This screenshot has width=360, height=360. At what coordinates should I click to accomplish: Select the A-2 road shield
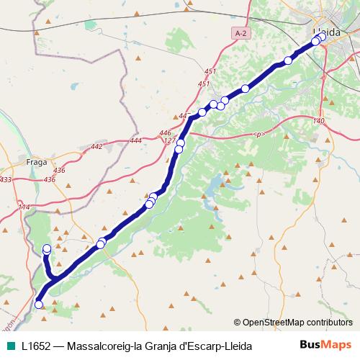coord(240,32)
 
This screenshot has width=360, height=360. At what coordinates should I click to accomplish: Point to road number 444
coord(136,140)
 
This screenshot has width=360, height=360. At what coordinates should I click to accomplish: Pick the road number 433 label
coord(6,179)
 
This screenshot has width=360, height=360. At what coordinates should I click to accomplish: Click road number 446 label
coord(166,133)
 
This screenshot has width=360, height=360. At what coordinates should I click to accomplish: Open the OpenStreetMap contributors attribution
coord(297,323)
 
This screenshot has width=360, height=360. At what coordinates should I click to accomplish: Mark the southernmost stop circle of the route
coord(39,305)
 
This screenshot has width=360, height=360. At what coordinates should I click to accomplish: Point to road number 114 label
coord(24,207)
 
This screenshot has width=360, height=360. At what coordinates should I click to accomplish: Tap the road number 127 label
coord(170,141)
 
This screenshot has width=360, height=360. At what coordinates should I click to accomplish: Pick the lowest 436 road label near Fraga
coord(50,179)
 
